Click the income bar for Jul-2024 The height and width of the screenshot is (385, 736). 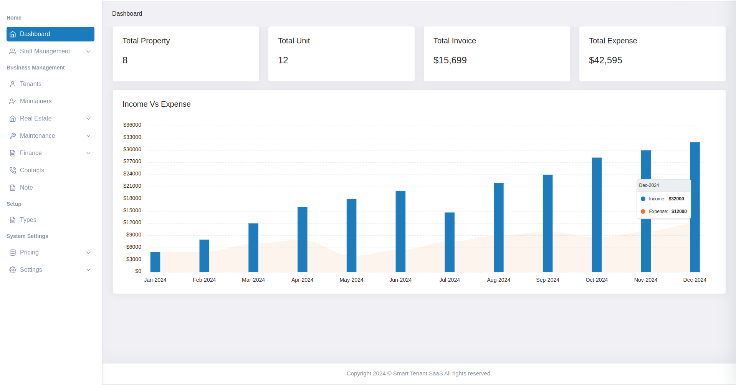tap(449, 242)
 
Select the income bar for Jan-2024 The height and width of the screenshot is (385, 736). tap(155, 262)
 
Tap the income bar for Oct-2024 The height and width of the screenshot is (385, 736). tap(596, 215)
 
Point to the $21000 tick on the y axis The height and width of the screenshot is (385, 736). tap(132, 186)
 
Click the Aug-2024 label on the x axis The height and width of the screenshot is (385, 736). tap(498, 280)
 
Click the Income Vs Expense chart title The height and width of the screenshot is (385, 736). tap(156, 104)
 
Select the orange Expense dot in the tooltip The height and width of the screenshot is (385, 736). tap(643, 212)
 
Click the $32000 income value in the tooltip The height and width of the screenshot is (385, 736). tap(676, 199)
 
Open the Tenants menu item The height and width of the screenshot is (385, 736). tap(31, 84)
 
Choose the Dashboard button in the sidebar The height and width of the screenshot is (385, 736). tap(50, 34)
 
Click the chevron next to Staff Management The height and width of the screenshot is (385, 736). tap(88, 51)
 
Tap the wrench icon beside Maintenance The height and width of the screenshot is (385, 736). tap(13, 136)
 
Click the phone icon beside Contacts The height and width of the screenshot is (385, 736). tap(13, 170)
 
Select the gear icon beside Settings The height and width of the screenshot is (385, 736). tap(13, 270)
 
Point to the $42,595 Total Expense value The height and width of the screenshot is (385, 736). tap(605, 60)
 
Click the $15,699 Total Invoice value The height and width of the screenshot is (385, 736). tap(450, 60)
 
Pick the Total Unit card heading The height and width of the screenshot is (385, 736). tap(294, 41)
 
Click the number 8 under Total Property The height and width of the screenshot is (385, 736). tap(125, 60)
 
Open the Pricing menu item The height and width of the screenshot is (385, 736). tap(29, 253)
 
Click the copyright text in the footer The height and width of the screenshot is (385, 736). tap(419, 373)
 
